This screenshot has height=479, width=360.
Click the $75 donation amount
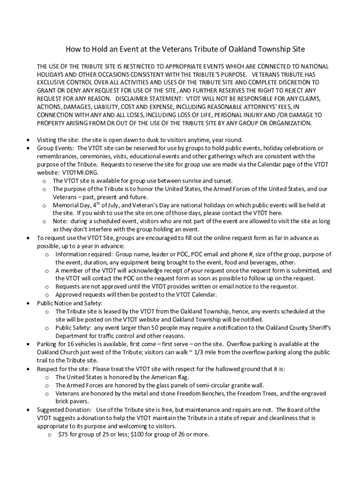63,434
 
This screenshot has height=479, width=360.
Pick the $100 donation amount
134,434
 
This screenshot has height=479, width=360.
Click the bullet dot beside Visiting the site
29,140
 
